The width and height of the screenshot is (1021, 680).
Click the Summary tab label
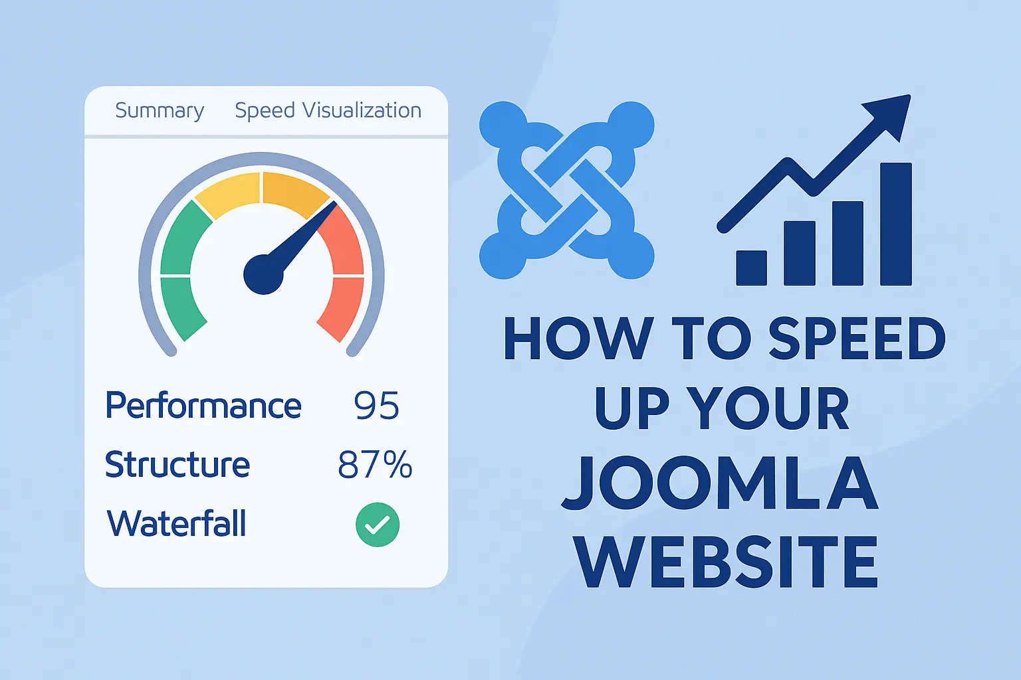[160, 110]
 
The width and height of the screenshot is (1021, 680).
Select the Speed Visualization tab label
[328, 110]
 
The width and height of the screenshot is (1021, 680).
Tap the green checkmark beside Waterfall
[378, 525]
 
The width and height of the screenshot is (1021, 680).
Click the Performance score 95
[376, 406]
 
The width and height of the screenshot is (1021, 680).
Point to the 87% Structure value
[375, 465]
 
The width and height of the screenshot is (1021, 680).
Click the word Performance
[203, 406]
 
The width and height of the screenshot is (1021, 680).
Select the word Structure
[177, 465]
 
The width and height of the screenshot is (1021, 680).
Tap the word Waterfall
[177, 524]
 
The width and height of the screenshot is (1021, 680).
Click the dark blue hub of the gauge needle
[263, 274]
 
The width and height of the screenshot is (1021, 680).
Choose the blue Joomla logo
[566, 190]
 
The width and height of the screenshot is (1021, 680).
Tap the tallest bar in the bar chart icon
[895, 224]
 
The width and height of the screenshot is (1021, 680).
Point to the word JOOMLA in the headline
[720, 484]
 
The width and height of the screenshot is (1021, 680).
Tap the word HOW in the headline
[578, 339]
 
